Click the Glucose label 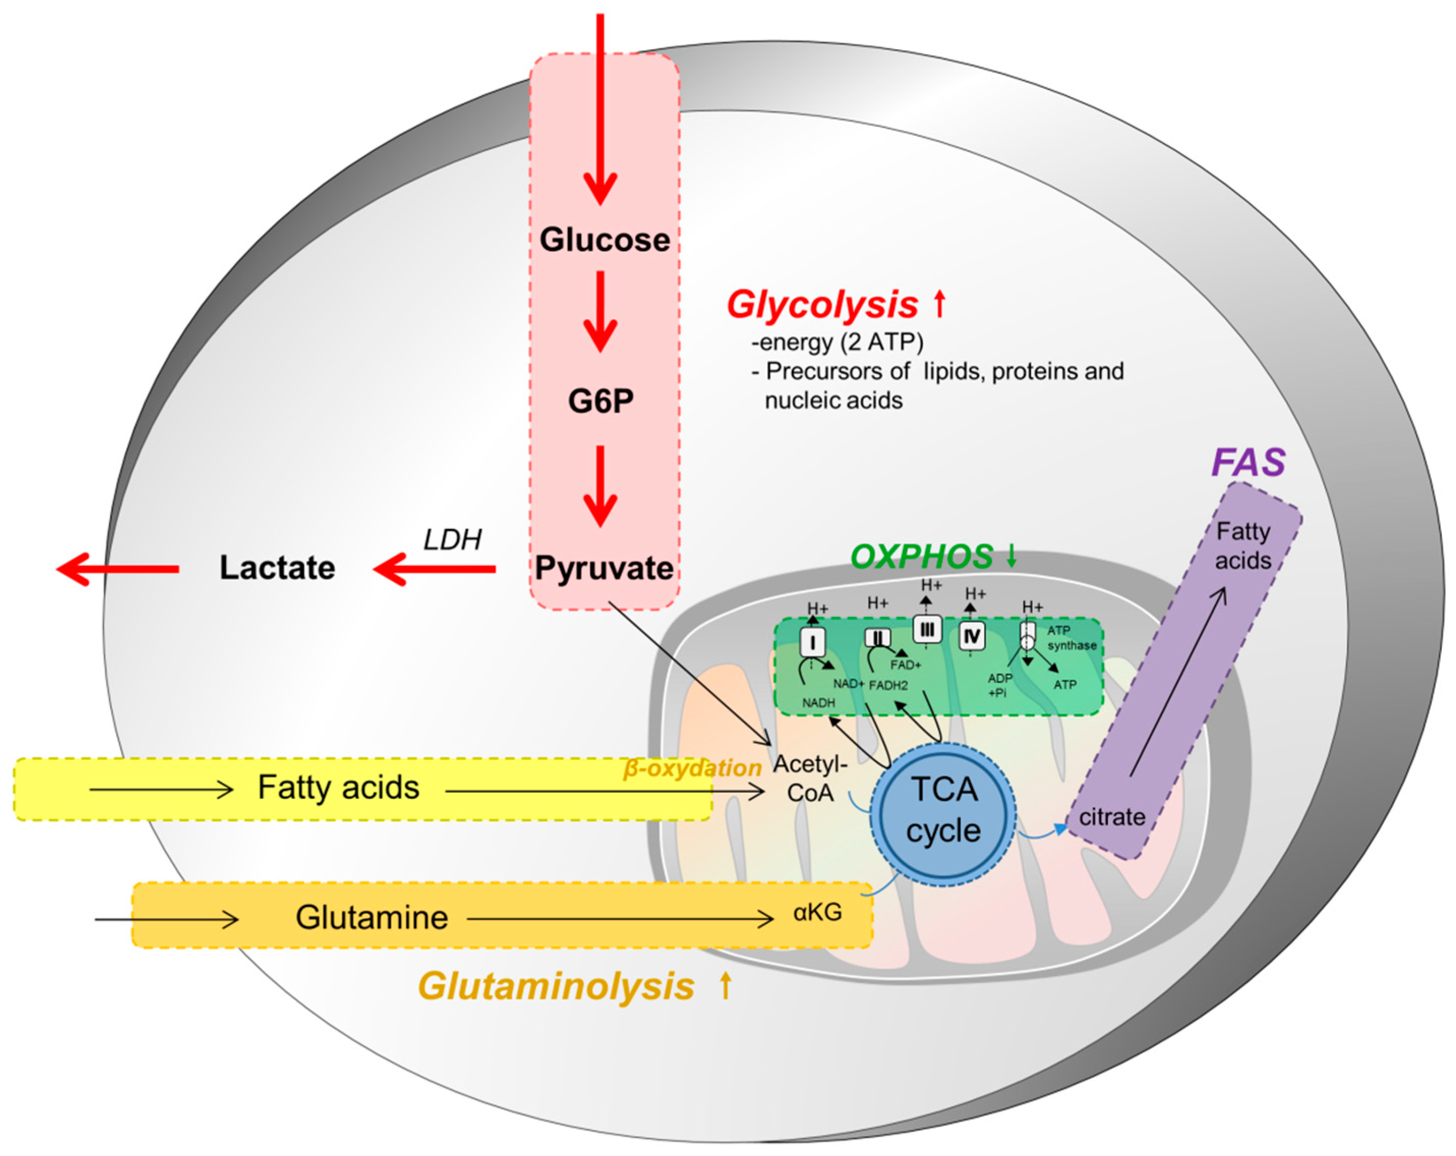604,240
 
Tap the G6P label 601,401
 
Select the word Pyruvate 604,568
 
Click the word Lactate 277,567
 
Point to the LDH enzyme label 452,539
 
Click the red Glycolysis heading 822,305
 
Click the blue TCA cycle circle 943,810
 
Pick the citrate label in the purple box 1112,817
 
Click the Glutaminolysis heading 556,987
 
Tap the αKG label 817,913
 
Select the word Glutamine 371,917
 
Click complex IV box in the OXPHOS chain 972,637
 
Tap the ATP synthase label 1071,638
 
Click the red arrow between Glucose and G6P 600,311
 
